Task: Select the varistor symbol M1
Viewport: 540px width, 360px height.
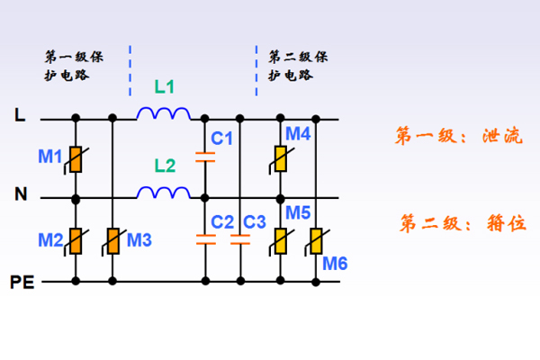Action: click(x=76, y=159)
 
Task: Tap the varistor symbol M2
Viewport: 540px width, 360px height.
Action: click(x=76, y=240)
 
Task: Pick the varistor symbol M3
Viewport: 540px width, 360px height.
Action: click(x=113, y=240)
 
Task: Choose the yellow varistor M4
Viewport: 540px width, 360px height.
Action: click(x=281, y=159)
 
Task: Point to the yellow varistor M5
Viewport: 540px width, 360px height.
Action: click(x=281, y=240)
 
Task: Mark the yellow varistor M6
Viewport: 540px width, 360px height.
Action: click(x=316, y=240)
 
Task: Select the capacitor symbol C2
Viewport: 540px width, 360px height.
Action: click(x=206, y=239)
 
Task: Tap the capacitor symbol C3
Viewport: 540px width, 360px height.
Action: click(x=240, y=239)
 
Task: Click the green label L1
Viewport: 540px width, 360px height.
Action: click(x=166, y=88)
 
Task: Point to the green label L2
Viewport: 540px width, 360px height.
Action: click(x=166, y=166)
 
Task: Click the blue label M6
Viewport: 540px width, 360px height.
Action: click(x=335, y=263)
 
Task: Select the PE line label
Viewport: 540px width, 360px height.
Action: click(x=22, y=282)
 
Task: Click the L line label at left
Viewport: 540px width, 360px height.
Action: click(x=20, y=115)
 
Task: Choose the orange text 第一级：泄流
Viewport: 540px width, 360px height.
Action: click(x=458, y=136)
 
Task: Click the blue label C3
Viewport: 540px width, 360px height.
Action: click(x=255, y=221)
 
